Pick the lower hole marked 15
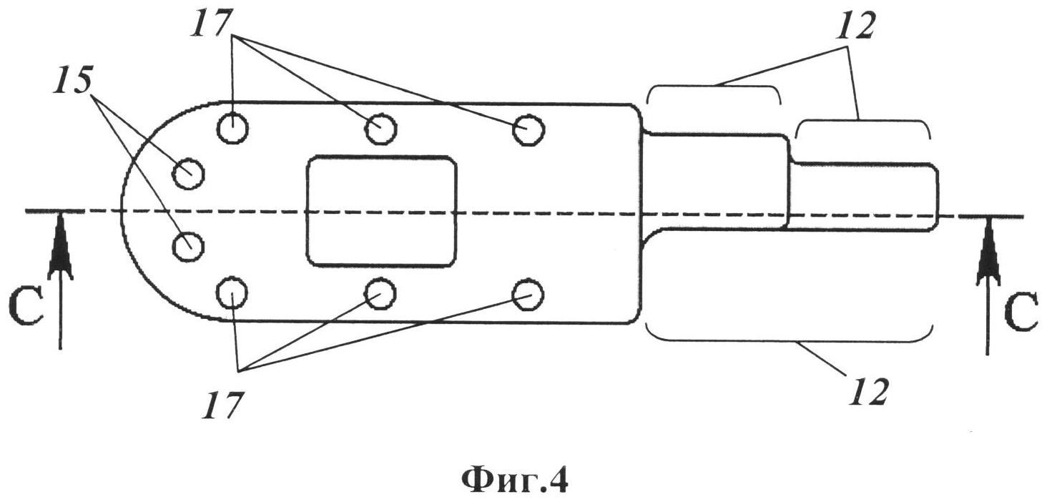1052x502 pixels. tap(189, 247)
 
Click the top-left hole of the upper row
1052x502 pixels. tap(232, 129)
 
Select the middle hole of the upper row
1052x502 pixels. tap(381, 129)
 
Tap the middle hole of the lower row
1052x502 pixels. tap(381, 292)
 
